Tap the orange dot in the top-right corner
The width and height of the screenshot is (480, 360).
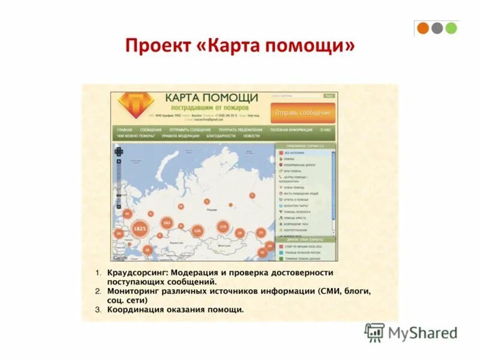click(x=423, y=28)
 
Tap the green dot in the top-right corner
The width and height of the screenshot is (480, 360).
click(x=451, y=28)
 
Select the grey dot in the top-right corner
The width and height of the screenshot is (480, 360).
click(x=437, y=28)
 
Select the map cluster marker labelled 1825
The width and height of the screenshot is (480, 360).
click(x=140, y=229)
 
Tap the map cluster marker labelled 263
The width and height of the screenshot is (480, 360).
click(x=167, y=223)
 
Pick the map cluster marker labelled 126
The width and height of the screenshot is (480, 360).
click(x=197, y=230)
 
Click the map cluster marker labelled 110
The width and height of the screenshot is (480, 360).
click(x=223, y=227)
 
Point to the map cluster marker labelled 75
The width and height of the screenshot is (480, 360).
click(x=261, y=232)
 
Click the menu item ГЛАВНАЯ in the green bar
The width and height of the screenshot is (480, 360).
click(x=125, y=130)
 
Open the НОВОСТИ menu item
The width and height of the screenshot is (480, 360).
click(x=252, y=136)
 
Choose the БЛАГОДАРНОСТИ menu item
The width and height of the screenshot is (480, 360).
click(x=221, y=136)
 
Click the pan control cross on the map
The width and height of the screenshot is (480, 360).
click(x=119, y=152)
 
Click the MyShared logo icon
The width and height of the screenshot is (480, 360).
click(x=374, y=332)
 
